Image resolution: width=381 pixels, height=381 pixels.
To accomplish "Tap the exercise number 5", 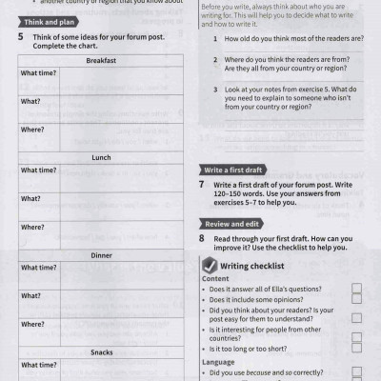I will (x=21, y=37).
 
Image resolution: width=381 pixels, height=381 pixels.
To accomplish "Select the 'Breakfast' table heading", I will (x=101, y=60).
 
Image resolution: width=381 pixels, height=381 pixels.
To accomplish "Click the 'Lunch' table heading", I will (x=101, y=157).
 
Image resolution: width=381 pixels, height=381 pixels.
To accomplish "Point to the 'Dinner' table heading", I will (x=101, y=255).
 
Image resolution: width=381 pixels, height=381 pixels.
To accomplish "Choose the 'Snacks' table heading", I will (x=101, y=351).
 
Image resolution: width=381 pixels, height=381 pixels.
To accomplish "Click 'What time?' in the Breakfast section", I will (x=38, y=73).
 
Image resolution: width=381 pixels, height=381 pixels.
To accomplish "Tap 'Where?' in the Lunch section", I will (x=32, y=227).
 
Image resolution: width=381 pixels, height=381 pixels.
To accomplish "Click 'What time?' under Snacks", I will (x=38, y=365).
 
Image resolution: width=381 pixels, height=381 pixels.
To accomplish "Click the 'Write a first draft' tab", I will (x=233, y=170).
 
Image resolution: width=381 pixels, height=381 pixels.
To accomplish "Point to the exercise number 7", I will (x=202, y=184).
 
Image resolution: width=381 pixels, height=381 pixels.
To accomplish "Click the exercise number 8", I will (x=202, y=238).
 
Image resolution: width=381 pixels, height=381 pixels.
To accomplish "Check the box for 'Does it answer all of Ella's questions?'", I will (x=356, y=288).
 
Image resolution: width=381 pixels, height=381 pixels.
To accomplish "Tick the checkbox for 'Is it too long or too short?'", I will (x=356, y=349).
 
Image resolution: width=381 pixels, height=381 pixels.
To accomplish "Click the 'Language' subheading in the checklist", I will (x=221, y=362).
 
